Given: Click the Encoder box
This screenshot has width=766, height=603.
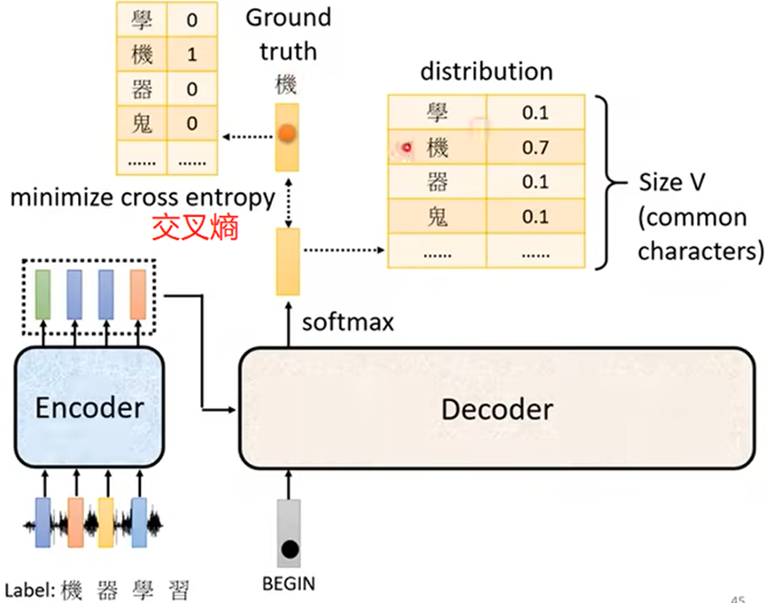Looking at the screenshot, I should point(88,408).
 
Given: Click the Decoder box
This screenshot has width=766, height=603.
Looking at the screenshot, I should point(496,409).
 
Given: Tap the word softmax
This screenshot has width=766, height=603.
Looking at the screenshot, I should point(347,321).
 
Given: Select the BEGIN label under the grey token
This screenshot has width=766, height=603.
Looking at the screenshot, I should point(289,584).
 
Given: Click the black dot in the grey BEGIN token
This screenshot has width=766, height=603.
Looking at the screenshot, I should point(289,549).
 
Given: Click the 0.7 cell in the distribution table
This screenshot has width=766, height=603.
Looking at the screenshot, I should point(535,147).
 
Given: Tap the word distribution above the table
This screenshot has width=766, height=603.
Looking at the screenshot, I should point(486,72).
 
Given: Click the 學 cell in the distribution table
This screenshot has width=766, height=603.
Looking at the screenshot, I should point(437,112).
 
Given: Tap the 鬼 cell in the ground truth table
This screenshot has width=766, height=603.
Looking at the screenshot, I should point(142,124).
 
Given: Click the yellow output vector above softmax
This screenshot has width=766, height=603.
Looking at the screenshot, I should point(288,261).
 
